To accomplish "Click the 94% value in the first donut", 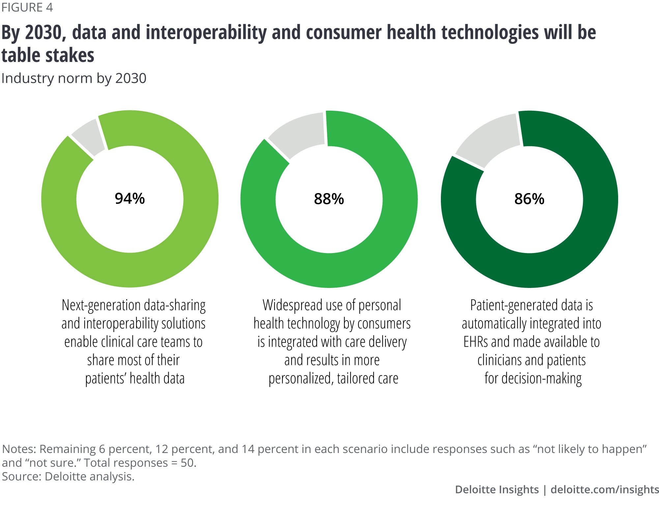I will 129,198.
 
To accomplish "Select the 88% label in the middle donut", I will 329,199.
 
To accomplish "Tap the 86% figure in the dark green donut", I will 529,199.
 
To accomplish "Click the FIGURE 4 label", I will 27,7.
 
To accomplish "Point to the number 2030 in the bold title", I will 43,33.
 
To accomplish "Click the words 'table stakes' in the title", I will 48,55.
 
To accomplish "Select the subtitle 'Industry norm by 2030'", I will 74,78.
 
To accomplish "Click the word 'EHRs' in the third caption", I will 475,342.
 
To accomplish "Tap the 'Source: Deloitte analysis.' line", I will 68,477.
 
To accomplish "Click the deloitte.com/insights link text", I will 605,490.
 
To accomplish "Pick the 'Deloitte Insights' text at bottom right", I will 497,490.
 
